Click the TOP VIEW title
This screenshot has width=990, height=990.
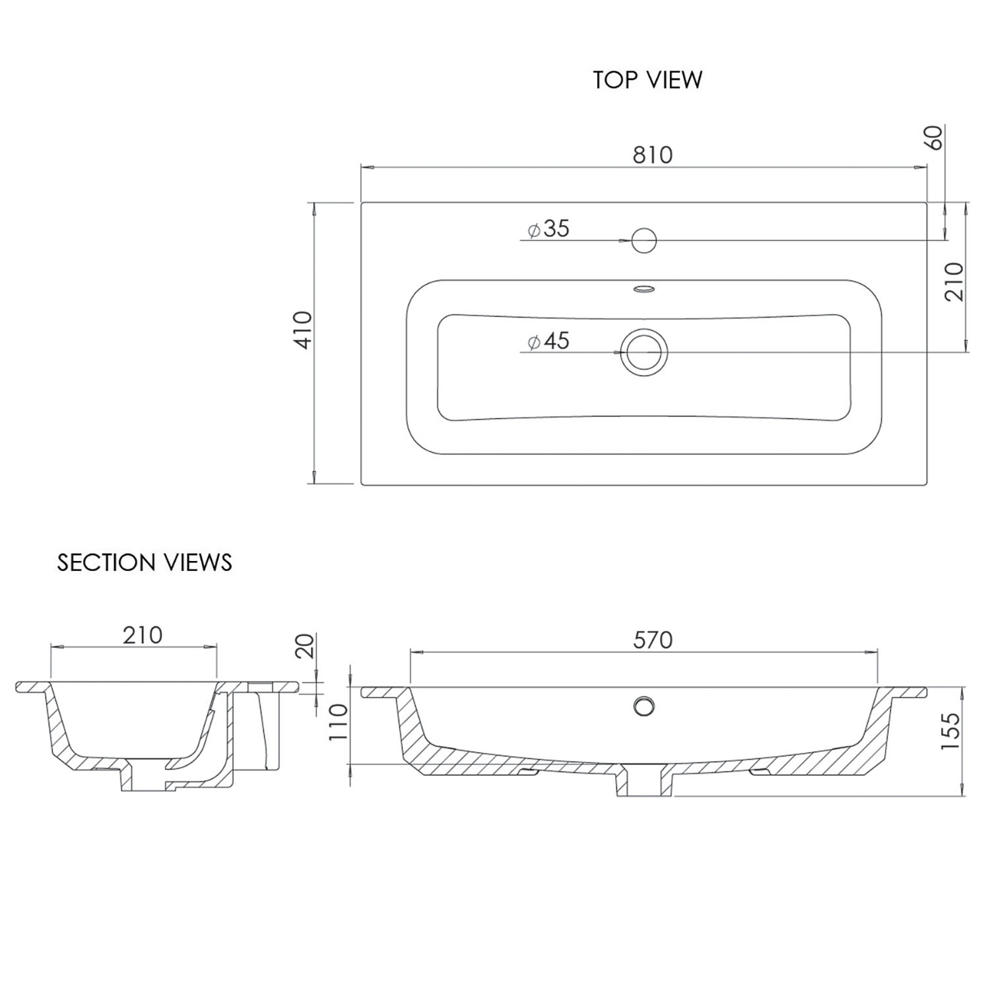(x=647, y=80)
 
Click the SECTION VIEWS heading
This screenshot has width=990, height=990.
(x=145, y=562)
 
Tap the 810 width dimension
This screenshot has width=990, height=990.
(x=652, y=154)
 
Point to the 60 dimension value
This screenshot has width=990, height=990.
(x=936, y=137)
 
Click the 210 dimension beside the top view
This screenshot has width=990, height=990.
(x=954, y=282)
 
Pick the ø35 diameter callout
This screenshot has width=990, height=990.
(x=548, y=229)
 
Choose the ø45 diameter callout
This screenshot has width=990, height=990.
(x=548, y=341)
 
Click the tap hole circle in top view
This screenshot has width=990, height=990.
(x=643, y=240)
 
